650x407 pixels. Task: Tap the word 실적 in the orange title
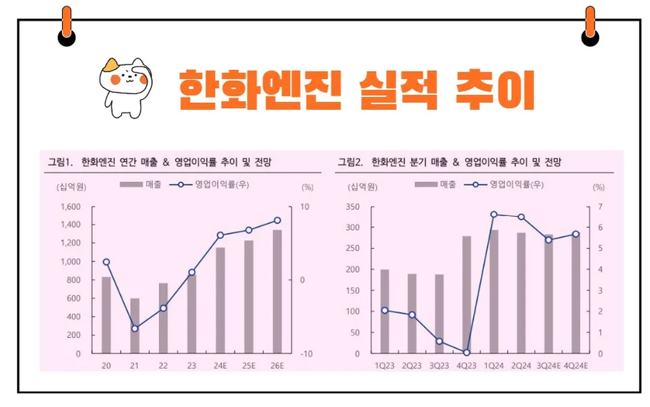pos(396,89)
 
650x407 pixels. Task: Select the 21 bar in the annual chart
pos(135,325)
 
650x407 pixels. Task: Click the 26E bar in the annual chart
pos(277,291)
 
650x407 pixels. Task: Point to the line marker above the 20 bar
pos(106,262)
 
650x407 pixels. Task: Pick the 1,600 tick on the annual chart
pos(70,207)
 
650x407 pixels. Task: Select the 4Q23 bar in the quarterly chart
pos(466,294)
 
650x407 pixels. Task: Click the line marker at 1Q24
pos(494,214)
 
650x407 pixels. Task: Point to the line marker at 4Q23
pos(466,353)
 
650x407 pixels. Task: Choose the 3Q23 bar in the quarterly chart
pos(439,314)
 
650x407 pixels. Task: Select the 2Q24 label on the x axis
pos(521,366)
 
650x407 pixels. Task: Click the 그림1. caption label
pos(60,161)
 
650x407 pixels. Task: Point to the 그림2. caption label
pos(350,161)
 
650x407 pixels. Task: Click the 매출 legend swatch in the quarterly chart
pos(426,185)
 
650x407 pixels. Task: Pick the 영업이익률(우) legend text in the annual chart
pos(222,185)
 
